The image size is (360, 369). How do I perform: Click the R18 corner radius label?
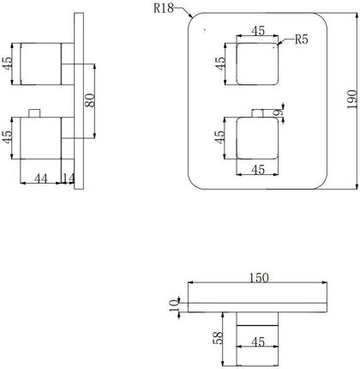pos(164,8)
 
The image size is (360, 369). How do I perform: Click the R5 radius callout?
pos(302,39)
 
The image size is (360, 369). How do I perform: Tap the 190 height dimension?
pos(352,100)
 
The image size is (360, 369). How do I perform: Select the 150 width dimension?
pos(259,278)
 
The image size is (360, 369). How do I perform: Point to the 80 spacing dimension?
pos(91,100)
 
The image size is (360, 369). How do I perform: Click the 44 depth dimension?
pos(41,178)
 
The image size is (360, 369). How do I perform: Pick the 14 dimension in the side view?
pos(69,178)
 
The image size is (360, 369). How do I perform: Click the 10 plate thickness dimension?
pos(173,305)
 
